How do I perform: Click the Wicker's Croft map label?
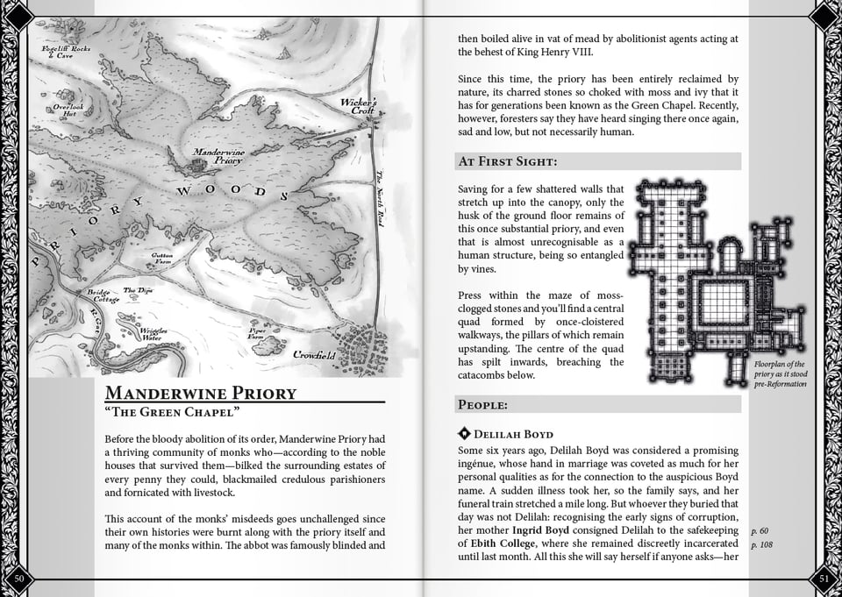(x=359, y=106)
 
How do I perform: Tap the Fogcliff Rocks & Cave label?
(x=66, y=52)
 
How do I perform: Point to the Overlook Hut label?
(x=68, y=110)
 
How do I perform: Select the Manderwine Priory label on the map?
(x=219, y=156)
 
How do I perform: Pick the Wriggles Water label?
(x=151, y=334)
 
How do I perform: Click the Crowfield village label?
(x=314, y=355)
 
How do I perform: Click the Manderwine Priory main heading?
(x=201, y=392)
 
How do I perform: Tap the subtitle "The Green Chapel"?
(x=172, y=412)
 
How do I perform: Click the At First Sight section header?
(x=508, y=161)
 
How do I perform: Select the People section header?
(x=483, y=404)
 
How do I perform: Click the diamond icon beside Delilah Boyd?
(x=464, y=434)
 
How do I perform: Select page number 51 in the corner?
(x=823, y=577)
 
